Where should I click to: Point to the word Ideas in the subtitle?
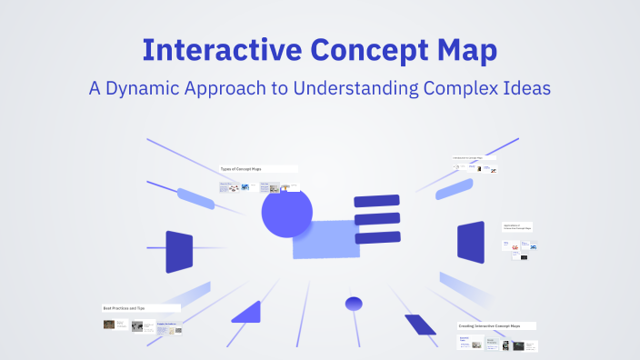(520, 89)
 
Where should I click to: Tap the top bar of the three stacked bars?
(376, 200)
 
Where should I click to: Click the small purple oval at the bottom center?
(354, 303)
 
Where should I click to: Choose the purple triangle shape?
(247, 313)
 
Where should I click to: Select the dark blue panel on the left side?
(179, 252)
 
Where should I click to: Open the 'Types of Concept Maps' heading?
(241, 169)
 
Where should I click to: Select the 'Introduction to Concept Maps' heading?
(474, 158)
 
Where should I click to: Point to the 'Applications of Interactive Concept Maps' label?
(517, 226)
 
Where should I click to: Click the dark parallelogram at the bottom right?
(420, 325)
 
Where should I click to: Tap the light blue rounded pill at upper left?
(195, 199)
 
